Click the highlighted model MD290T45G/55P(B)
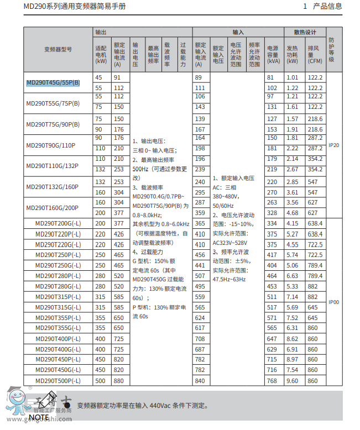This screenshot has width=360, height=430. [x=53, y=83]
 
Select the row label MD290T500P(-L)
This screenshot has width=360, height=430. [x=58, y=380]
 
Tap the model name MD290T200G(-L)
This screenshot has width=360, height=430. [x=58, y=223]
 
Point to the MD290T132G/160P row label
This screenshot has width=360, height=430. [x=53, y=187]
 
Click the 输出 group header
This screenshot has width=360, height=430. [x=101, y=32]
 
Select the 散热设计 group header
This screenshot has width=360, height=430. [x=305, y=32]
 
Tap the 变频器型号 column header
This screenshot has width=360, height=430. [x=58, y=49]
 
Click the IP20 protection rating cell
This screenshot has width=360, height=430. [x=333, y=145]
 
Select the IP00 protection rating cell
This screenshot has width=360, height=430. [x=333, y=302]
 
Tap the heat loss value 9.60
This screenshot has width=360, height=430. [x=293, y=380]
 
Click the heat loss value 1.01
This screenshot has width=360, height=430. [x=293, y=77]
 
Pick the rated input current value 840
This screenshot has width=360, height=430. [x=200, y=380]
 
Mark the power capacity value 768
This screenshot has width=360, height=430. [x=272, y=380]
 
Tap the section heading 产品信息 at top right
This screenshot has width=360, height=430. [x=327, y=7]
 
